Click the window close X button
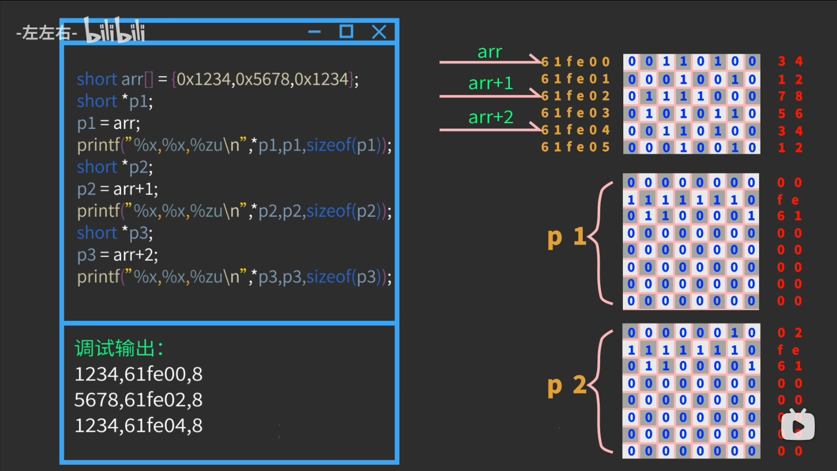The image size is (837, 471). point(379,32)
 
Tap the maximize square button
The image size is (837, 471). point(346,32)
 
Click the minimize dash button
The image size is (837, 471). point(314,32)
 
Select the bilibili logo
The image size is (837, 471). point(114,31)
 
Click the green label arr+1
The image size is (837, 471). point(491,83)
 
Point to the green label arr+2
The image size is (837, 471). point(491,118)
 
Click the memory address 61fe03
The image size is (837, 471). point(575,113)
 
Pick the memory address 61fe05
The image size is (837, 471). point(575,147)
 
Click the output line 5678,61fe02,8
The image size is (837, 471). point(138,400)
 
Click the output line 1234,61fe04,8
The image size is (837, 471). point(138,426)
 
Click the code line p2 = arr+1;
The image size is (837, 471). point(117,189)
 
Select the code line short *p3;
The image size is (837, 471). point(114,233)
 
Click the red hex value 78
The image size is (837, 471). point(790,96)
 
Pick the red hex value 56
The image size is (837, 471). point(790,114)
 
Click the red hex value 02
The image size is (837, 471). point(790,333)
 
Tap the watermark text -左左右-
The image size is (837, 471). point(46,33)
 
